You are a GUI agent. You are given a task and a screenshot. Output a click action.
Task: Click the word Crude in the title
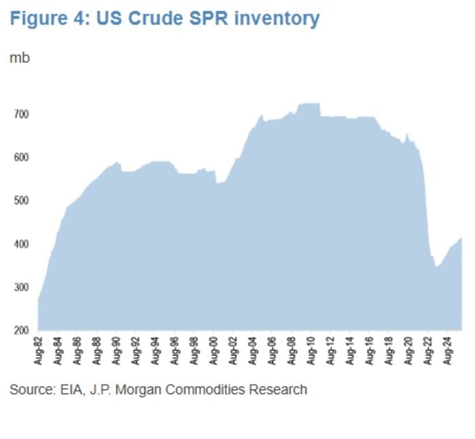(168, 18)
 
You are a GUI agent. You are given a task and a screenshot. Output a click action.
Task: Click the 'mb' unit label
(19, 58)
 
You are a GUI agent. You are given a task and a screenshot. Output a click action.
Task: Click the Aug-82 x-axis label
(39, 350)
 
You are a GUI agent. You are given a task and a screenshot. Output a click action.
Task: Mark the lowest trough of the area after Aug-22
(437, 267)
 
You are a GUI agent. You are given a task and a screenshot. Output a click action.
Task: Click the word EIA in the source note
(67, 390)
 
